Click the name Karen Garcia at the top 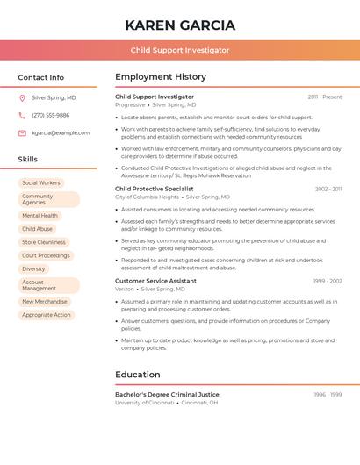coord(180,25)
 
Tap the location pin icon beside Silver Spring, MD coord(23,98)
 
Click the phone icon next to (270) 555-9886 coord(23,116)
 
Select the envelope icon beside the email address coord(23,133)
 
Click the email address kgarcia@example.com coord(61,133)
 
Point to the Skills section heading coord(28,160)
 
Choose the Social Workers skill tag coord(41,183)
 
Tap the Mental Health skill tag coord(40,215)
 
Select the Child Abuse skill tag coord(37,229)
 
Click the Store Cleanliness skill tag coord(44,242)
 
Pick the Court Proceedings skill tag coord(46,255)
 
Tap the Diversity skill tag coord(33,269)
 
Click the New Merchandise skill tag coord(45,301)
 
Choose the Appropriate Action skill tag coord(47,315)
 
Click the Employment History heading coord(161,77)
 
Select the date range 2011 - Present coord(325,97)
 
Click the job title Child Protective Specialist coord(155,189)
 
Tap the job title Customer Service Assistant coord(155,281)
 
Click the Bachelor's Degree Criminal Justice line coord(167,395)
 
